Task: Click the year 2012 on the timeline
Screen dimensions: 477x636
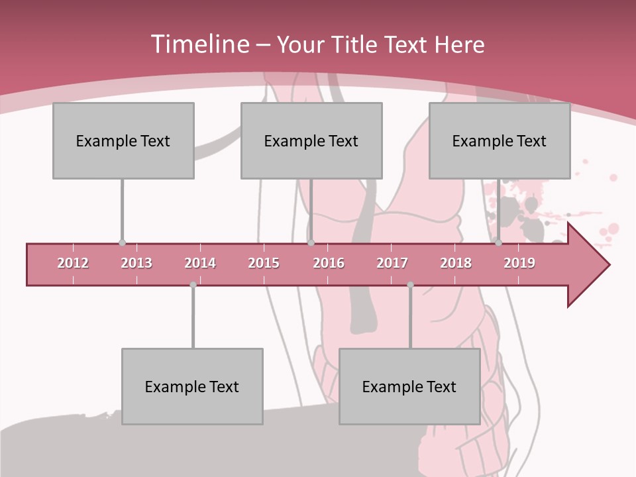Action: [73, 263]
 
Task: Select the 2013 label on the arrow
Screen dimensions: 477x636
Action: [136, 263]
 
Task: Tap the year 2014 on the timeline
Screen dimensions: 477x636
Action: [200, 263]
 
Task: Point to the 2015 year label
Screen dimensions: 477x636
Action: [264, 263]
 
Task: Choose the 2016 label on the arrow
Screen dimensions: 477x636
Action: [329, 263]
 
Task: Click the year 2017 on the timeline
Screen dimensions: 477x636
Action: [392, 263]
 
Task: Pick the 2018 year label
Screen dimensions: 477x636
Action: [456, 263]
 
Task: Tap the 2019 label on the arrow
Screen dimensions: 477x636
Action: [519, 263]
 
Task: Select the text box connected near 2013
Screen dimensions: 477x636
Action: [123, 140]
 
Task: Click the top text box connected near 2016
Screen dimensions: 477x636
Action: [311, 140]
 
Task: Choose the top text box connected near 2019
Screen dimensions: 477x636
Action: [500, 140]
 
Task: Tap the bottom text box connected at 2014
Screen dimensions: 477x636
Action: [192, 386]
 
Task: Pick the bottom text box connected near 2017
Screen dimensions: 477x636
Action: [409, 386]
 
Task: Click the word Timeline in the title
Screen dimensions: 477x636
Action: [199, 44]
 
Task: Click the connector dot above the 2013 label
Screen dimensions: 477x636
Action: [122, 243]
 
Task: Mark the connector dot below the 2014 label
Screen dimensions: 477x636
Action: [193, 285]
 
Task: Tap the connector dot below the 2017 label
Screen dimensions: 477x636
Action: [410, 285]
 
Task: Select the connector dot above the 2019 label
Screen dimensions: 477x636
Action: [498, 243]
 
